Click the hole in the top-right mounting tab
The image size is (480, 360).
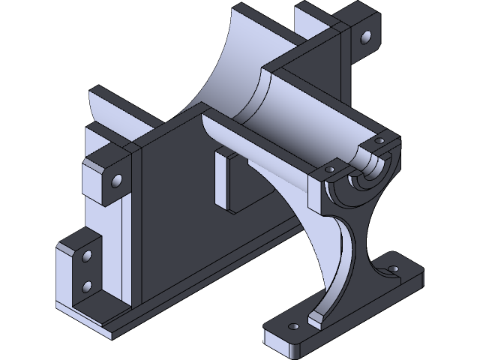(366, 36)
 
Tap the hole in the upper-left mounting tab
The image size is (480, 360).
(116, 181)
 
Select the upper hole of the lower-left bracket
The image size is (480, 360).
(86, 256)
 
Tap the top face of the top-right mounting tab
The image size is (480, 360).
(360, 15)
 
